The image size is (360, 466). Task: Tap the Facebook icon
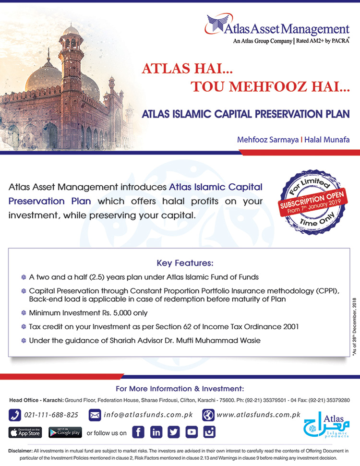tap(138, 432)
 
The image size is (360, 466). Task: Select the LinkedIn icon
tap(156, 432)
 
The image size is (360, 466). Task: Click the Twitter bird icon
tap(174, 432)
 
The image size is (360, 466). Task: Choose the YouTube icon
tap(192, 432)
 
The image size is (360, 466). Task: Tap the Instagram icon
tap(209, 432)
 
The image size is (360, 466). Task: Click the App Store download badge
tap(25, 432)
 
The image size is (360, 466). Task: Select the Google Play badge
tap(65, 432)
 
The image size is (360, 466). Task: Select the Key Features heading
tap(185, 263)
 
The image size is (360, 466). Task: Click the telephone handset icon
tap(15, 415)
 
